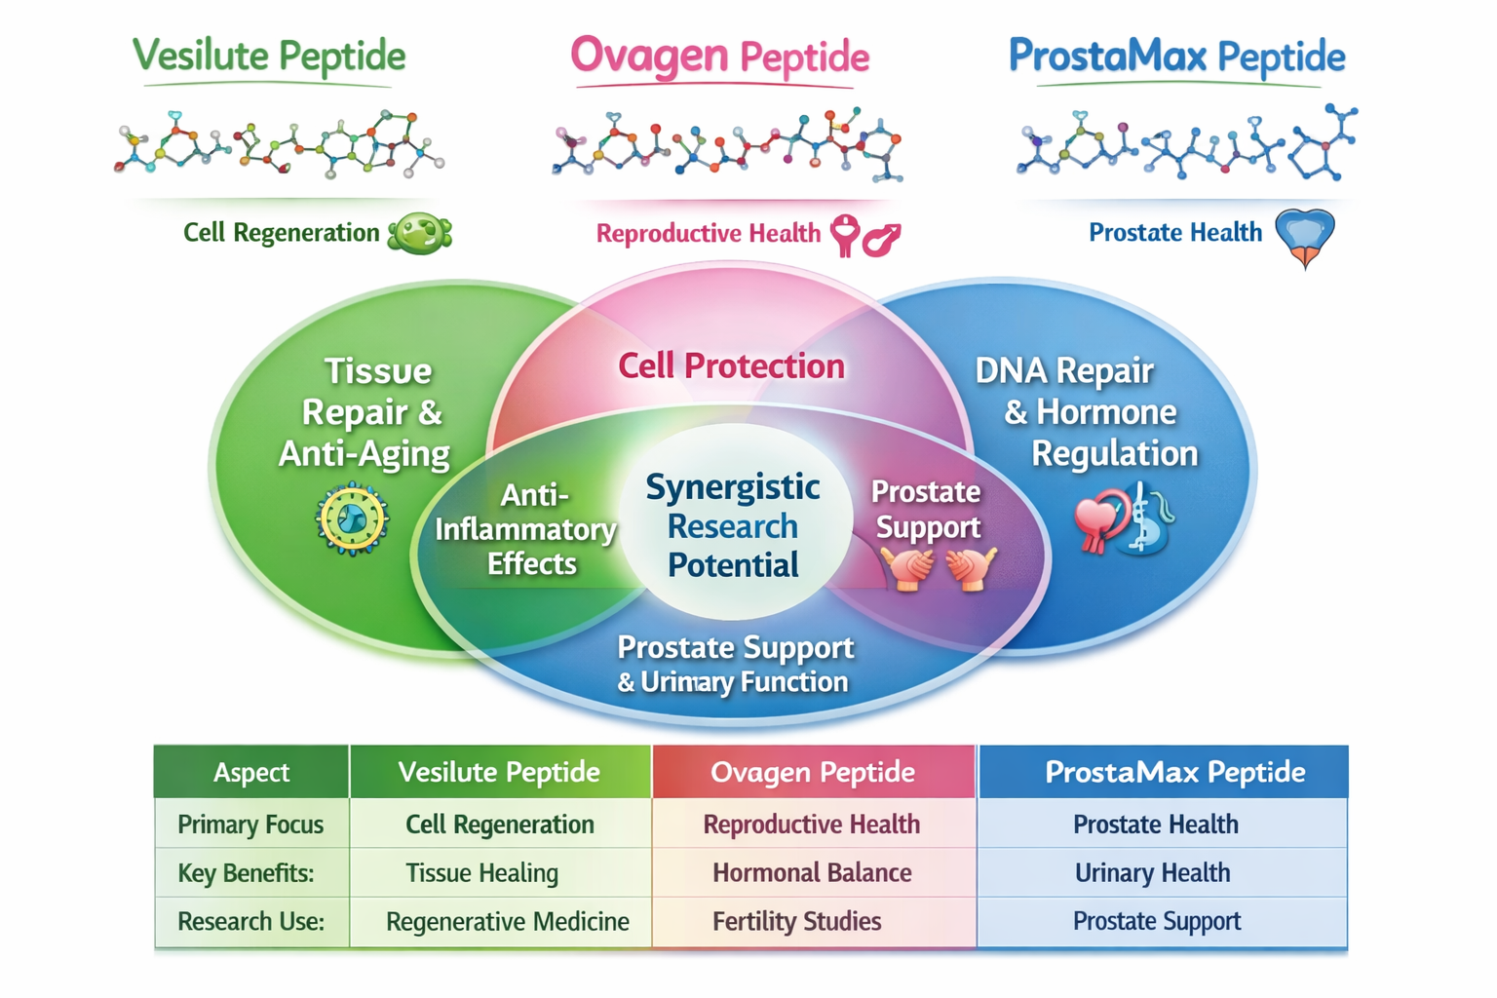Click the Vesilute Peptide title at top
pos(269,57)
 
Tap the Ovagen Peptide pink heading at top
pos(719,57)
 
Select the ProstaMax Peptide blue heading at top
pos(1176,57)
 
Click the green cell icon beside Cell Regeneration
pos(420,234)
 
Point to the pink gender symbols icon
pos(864,236)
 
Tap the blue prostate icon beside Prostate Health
pos(1305,237)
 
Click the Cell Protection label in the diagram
pos(731,366)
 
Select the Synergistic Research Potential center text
pos(733,525)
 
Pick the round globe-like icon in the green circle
pos(352,519)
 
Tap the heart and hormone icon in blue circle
pos(1124,521)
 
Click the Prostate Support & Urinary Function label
pos(734,664)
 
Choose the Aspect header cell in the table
pos(251,773)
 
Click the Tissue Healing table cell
pos(481,873)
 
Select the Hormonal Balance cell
pos(812,873)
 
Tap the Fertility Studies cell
pos(796,922)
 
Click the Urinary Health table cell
pos(1152,873)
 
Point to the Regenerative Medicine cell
pos(507,922)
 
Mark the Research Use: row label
pos(250,922)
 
